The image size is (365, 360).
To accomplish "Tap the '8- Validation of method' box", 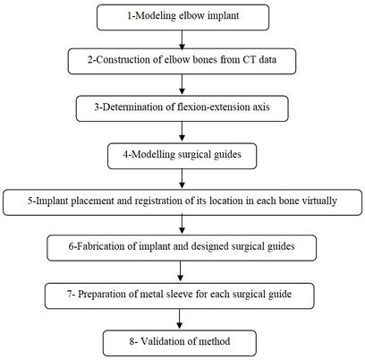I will [x=182, y=341].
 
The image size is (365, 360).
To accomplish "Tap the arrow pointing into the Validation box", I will [x=182, y=318].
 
